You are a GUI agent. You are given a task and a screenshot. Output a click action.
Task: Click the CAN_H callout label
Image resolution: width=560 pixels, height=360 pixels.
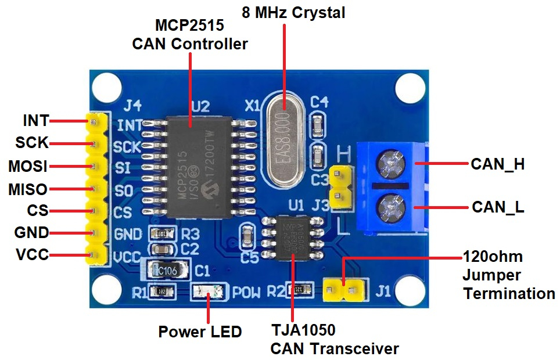click(x=497, y=164)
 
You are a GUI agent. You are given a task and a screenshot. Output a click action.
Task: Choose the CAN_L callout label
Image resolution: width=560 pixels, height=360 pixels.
click(x=498, y=207)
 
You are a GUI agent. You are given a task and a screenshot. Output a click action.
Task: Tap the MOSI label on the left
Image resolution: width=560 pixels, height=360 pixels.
click(x=27, y=167)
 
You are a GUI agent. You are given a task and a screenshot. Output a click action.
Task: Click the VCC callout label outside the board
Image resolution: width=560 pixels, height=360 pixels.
click(x=31, y=254)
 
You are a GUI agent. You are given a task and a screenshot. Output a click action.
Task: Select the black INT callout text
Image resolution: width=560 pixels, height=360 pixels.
click(x=35, y=121)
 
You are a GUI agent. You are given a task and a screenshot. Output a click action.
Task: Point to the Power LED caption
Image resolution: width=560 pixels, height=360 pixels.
click(x=200, y=332)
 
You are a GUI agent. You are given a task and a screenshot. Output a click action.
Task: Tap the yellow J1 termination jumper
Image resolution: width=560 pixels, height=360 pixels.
click(x=345, y=287)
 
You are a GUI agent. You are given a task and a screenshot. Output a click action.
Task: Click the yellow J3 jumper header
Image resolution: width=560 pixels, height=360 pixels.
click(x=340, y=187)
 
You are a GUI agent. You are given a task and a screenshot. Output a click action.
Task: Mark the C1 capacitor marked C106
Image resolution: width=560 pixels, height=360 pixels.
click(x=167, y=269)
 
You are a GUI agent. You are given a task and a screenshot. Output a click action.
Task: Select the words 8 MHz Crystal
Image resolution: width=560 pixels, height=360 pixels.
click(x=293, y=12)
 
